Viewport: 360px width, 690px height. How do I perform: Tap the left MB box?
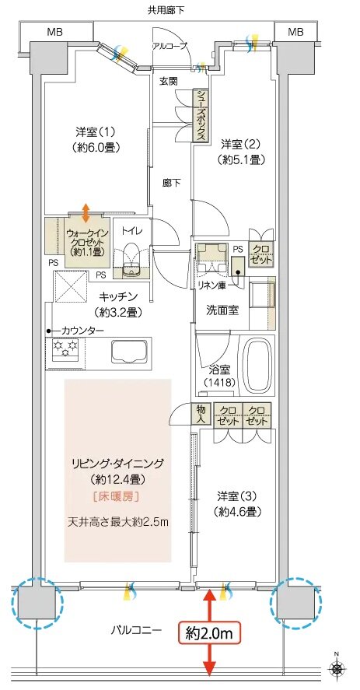click(x=55, y=32)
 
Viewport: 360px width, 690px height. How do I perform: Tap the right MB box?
click(x=295, y=32)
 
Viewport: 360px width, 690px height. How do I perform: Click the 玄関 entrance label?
click(x=170, y=80)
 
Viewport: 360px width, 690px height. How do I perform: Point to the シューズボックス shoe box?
click(x=201, y=116)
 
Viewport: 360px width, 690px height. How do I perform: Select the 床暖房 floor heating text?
click(x=117, y=495)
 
